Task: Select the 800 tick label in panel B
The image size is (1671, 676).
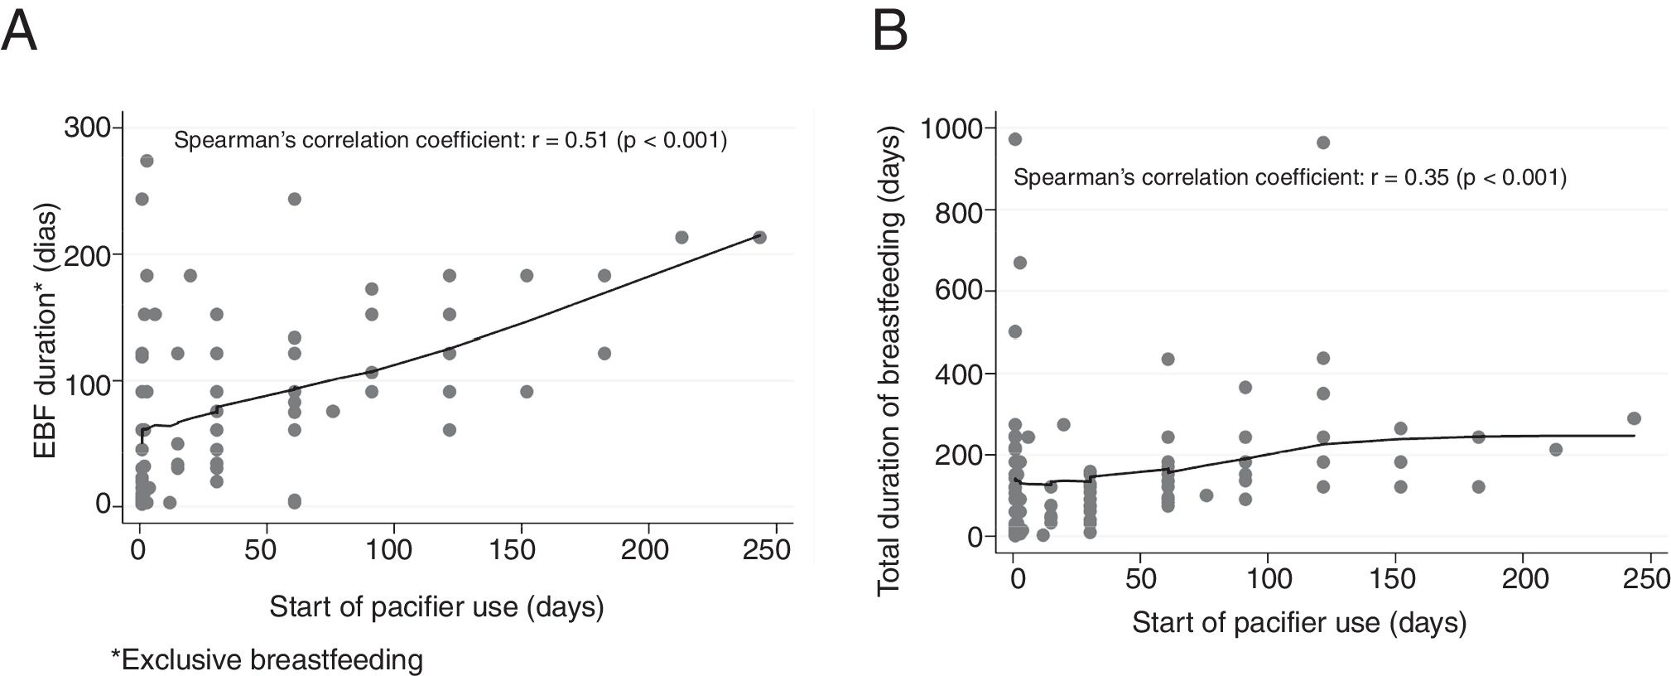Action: point(961,212)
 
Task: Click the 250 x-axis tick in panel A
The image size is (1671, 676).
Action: point(767,550)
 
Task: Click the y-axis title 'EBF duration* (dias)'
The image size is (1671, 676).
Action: point(46,330)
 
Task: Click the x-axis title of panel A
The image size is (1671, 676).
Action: point(436,607)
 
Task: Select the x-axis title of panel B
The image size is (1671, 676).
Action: point(1298,622)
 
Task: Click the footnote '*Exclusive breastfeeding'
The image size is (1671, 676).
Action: point(267,660)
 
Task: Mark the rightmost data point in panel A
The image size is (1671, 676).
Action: point(758,237)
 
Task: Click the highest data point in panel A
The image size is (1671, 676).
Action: point(147,161)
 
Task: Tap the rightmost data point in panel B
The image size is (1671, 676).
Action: point(1633,418)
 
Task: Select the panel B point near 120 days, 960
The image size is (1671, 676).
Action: point(1322,142)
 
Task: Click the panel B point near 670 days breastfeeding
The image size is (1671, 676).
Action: point(1019,263)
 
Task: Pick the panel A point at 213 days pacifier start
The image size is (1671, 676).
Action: point(681,237)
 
